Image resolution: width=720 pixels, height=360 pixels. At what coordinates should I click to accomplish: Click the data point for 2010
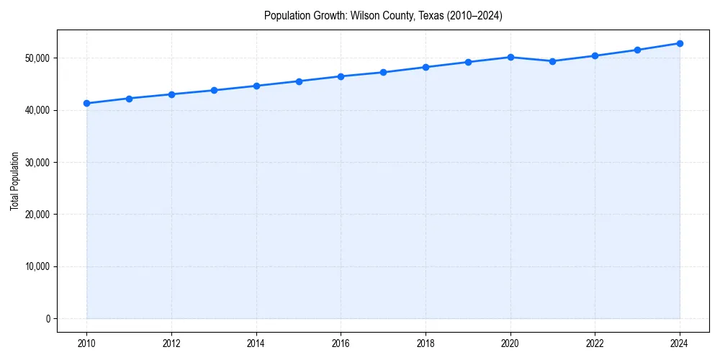[x=86, y=103]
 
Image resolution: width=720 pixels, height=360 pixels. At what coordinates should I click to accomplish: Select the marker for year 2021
[x=552, y=61]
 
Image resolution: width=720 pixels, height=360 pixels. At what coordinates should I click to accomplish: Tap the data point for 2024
[x=680, y=43]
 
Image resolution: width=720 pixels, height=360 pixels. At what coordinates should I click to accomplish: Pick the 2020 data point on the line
[x=510, y=57]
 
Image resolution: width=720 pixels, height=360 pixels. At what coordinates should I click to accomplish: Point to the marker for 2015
[x=299, y=81]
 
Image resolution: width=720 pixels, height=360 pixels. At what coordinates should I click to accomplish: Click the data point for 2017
[x=383, y=72]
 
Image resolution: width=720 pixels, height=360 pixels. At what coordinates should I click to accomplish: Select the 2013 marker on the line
[x=214, y=90]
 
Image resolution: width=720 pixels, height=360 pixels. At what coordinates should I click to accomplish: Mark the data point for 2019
[x=468, y=62]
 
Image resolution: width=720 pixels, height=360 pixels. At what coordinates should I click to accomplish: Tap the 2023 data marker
[x=637, y=50]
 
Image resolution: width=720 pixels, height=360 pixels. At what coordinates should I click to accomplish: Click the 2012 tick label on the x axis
[x=171, y=343]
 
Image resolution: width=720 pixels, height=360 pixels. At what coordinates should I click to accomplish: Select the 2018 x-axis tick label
[x=426, y=343]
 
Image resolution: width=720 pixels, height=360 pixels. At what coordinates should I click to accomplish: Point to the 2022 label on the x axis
[x=595, y=343]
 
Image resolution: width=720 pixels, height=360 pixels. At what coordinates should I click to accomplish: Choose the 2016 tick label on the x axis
[x=341, y=343]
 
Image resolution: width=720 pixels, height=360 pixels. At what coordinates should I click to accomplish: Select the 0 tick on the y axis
[x=48, y=318]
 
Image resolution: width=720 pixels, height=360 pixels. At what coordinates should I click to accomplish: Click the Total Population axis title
[x=14, y=181]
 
